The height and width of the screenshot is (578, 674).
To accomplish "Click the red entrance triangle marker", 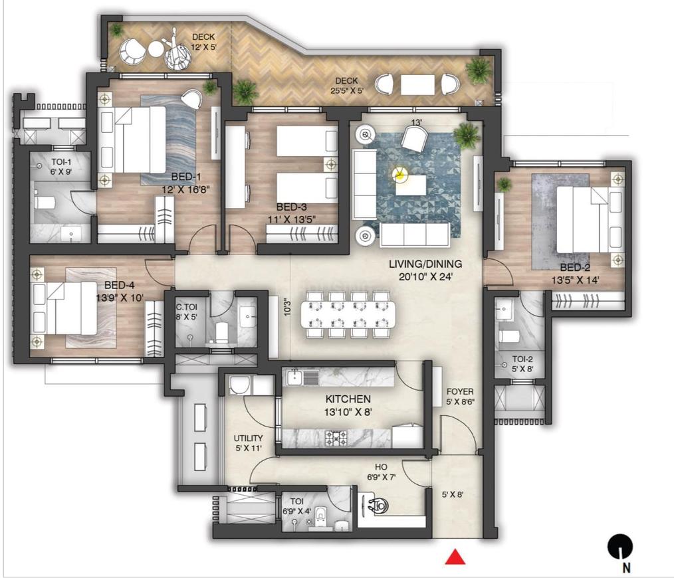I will click(455, 556).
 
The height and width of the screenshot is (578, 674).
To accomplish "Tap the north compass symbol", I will click(619, 547).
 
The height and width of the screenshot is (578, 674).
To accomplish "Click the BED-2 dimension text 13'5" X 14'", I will click(576, 280).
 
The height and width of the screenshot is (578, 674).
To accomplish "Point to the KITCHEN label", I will click(348, 399).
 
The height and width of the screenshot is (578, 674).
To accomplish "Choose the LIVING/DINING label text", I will click(425, 264).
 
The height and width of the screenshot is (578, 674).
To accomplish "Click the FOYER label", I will click(460, 392).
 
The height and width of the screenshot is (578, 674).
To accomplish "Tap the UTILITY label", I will click(248, 438).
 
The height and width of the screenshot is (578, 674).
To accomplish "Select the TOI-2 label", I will click(523, 359).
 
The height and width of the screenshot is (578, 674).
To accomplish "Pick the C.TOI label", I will click(185, 307).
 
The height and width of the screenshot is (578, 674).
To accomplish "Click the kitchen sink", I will click(302, 377).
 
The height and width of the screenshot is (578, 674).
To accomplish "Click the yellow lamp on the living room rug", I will click(399, 175).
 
